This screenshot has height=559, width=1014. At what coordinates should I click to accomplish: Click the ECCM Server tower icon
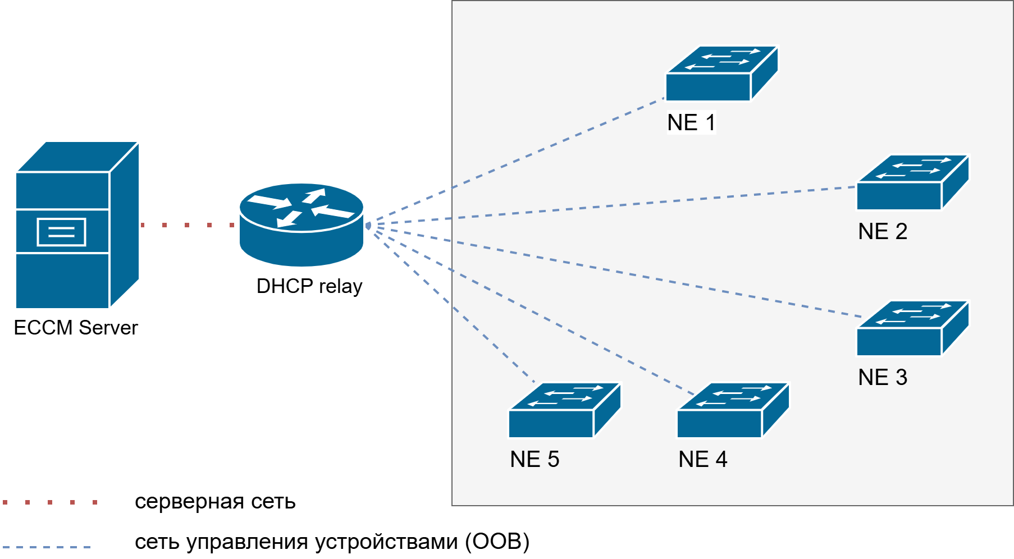(x=76, y=224)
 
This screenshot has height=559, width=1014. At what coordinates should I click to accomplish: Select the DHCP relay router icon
(x=302, y=224)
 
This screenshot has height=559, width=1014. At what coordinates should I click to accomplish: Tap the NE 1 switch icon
(x=721, y=74)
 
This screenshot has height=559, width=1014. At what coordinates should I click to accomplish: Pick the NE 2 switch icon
(x=912, y=182)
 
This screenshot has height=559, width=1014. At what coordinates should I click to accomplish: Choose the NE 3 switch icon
(x=912, y=328)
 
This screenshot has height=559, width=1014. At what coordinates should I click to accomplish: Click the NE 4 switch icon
(x=733, y=410)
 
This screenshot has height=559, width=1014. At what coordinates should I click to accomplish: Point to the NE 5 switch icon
(x=564, y=410)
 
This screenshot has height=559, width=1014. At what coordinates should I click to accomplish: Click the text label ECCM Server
(x=76, y=328)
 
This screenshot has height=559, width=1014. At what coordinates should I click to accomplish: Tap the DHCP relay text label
(x=309, y=286)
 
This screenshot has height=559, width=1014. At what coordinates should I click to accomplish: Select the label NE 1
(x=691, y=122)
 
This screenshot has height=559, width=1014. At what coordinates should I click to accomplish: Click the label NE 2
(x=883, y=231)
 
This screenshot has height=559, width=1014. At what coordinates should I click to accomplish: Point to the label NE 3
(x=883, y=377)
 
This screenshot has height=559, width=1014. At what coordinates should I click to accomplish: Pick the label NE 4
(x=703, y=459)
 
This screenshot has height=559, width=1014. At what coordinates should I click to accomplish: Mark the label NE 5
(x=535, y=459)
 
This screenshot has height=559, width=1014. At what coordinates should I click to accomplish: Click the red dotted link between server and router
(x=188, y=225)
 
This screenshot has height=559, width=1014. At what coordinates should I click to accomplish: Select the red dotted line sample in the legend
(x=50, y=502)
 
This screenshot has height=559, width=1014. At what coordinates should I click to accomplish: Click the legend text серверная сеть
(x=215, y=501)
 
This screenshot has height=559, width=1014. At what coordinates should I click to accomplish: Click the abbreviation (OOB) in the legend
(x=497, y=542)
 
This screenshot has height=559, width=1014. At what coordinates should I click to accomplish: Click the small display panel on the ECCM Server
(x=61, y=232)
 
